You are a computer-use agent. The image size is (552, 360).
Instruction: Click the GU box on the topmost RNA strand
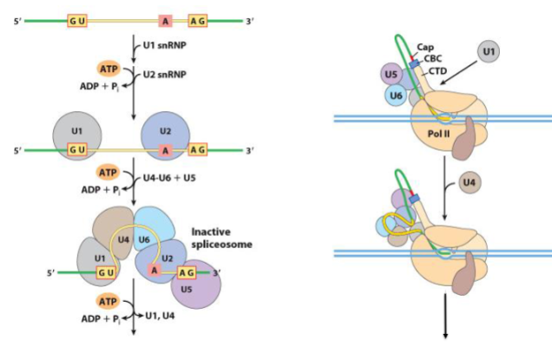[77, 21]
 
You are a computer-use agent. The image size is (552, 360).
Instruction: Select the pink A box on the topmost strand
[165, 21]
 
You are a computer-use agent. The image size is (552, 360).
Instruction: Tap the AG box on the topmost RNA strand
[198, 21]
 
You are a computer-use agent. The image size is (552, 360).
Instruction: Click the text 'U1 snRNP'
[164, 45]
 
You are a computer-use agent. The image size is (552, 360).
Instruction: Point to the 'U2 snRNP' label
[164, 75]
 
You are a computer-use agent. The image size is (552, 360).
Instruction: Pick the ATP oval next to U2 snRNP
[108, 69]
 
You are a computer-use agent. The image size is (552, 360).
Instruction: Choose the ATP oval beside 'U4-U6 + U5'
[108, 173]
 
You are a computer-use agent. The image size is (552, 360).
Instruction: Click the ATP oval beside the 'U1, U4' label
[108, 302]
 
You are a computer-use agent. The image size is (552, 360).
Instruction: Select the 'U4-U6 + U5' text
[169, 178]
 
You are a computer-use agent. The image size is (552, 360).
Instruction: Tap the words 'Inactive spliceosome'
[221, 238]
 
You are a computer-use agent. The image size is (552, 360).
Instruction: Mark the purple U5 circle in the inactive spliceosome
[196, 285]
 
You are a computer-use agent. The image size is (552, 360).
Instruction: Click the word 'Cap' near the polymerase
[425, 47]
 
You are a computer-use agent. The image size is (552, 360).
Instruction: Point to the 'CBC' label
[432, 58]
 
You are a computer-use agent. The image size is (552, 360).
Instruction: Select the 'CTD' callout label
[437, 71]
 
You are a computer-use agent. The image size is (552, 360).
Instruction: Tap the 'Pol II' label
[438, 134]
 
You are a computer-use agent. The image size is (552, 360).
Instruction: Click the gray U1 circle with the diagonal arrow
[489, 51]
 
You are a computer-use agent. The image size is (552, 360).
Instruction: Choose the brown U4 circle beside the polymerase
[470, 183]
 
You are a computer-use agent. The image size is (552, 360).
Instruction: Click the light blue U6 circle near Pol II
[396, 95]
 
